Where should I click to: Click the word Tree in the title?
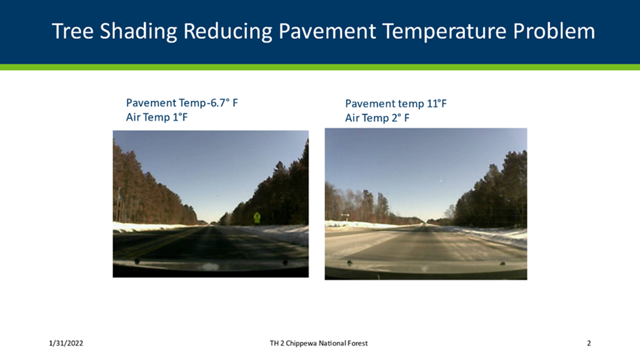click(73, 31)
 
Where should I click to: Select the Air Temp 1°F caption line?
click(157, 117)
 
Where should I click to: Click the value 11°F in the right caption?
click(437, 103)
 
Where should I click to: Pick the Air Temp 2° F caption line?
click(377, 118)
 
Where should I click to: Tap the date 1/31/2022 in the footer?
click(66, 343)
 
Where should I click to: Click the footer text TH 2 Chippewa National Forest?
click(318, 343)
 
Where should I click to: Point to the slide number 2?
click(589, 343)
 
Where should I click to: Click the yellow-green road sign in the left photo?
click(257, 218)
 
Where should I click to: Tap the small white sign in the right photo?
click(345, 215)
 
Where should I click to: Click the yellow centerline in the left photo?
click(163, 243)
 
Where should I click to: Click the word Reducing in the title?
click(228, 32)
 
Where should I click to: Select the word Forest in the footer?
click(358, 343)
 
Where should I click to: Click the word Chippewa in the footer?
click(302, 343)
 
